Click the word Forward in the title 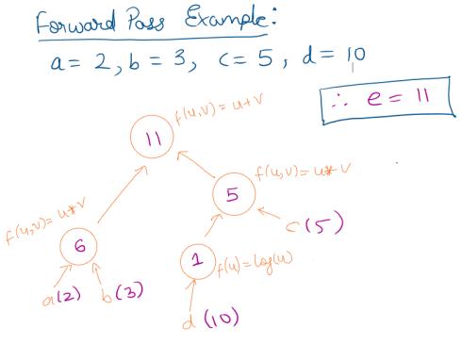75,22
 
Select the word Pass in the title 145,20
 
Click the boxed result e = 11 388,100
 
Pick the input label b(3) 123,292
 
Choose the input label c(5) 314,222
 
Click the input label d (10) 210,318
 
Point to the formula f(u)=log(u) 255,265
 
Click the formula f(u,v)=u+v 219,109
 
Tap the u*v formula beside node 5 303,172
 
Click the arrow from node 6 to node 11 123,194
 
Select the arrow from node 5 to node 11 196,164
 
